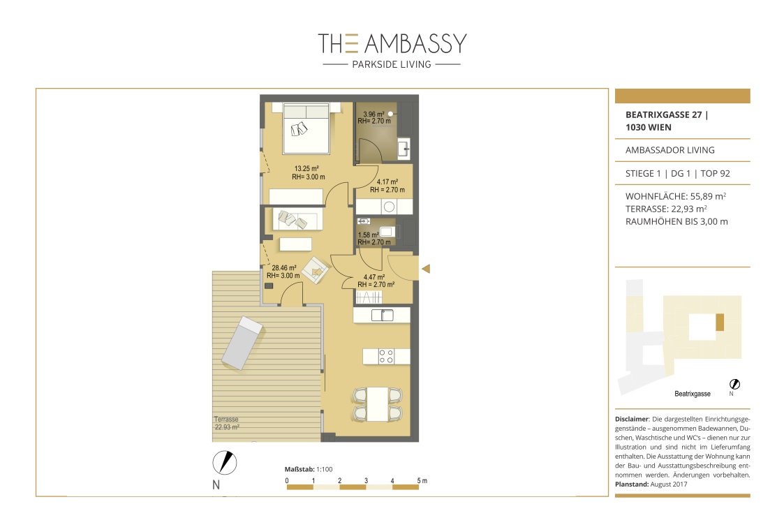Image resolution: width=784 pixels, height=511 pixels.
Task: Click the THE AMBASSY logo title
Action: tap(392, 43)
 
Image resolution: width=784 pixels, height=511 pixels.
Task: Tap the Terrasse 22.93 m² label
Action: tap(226, 423)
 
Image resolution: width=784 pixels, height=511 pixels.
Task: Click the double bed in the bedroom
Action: tap(306, 128)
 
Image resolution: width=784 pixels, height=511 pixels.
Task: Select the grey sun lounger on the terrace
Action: tap(242, 343)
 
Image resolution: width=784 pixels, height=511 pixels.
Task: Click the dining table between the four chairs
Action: tap(378, 404)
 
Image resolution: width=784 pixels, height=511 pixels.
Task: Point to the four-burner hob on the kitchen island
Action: tap(386, 357)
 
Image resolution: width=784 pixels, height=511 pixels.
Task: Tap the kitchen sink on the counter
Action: tap(383, 315)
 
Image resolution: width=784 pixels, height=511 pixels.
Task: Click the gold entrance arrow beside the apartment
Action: tap(426, 269)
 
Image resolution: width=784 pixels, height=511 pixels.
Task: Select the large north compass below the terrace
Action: tap(225, 463)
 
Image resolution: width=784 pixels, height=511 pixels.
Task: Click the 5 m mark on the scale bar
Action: tap(422, 480)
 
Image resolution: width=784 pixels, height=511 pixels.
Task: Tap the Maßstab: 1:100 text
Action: tap(309, 469)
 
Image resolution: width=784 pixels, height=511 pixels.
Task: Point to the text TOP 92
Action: tap(715, 174)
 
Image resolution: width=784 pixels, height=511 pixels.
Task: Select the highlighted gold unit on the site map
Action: tap(720, 322)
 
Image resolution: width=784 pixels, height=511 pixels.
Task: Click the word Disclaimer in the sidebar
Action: tap(632, 419)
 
